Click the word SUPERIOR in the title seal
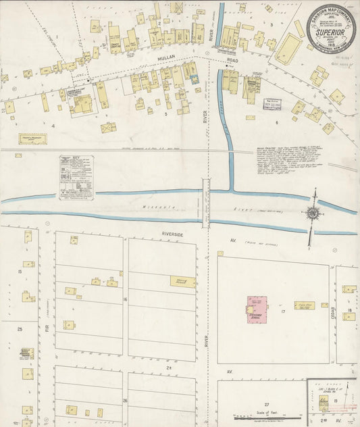(331, 32)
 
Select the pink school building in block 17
(257, 307)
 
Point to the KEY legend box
(76, 177)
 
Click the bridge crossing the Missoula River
(206, 202)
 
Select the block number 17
(284, 311)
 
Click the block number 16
(125, 298)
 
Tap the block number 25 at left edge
(20, 329)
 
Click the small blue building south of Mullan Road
(195, 80)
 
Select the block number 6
(276, 122)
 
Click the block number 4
(52, 126)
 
